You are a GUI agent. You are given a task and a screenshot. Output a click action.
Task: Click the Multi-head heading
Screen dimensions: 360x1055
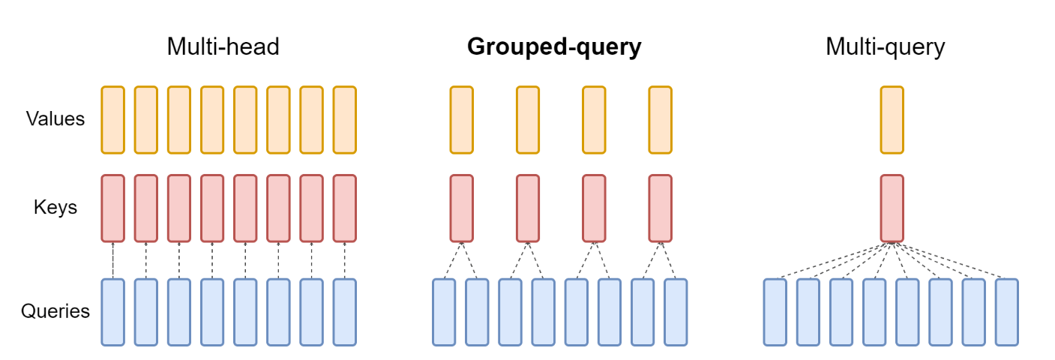point(223,47)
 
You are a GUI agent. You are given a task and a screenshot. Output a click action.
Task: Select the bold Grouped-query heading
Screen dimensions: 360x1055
point(554,47)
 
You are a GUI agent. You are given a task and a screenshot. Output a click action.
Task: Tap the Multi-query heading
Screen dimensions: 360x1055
point(885,47)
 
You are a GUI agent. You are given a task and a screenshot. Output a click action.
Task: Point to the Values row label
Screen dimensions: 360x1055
point(55,118)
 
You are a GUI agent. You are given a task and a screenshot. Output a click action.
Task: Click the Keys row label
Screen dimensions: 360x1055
point(55,207)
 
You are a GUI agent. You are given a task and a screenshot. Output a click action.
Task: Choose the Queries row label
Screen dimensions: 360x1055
point(55,311)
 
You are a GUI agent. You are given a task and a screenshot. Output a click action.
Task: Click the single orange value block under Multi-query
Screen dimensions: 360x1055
point(892,118)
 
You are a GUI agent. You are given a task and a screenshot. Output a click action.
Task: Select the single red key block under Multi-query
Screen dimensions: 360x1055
point(892,208)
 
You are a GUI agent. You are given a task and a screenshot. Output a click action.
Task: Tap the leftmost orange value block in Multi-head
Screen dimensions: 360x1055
point(112,118)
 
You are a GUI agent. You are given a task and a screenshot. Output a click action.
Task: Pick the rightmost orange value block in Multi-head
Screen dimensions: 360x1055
point(344,118)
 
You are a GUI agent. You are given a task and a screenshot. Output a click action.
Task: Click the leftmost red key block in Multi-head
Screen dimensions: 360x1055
point(112,208)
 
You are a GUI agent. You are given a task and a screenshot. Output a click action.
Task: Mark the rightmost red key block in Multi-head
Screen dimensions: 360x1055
point(344,208)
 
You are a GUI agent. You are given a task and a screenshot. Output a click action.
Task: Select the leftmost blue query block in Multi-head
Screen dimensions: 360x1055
point(112,312)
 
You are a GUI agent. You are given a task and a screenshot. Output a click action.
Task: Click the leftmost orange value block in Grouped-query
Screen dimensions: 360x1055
point(462,118)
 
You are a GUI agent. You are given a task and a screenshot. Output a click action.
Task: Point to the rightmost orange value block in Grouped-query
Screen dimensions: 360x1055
point(660,118)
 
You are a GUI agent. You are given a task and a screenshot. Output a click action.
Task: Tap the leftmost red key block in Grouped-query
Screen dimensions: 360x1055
point(462,208)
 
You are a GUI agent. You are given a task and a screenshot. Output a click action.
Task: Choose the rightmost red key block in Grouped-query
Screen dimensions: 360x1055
point(660,208)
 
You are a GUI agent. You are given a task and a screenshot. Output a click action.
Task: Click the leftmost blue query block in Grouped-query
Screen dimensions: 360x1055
point(444,312)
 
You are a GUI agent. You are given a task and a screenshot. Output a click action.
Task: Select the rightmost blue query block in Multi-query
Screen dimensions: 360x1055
point(1007,312)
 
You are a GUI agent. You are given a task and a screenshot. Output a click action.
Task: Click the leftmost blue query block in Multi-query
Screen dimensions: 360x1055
point(775,312)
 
